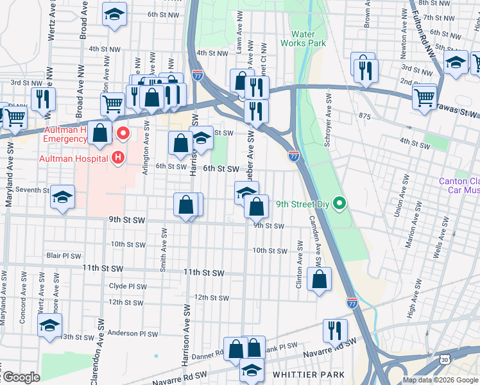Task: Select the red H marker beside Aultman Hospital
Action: (x=118, y=157)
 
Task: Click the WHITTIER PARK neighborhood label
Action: (x=308, y=374)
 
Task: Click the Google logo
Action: (x=21, y=377)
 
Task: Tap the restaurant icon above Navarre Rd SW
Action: (x=335, y=330)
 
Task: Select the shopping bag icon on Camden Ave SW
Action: (x=320, y=280)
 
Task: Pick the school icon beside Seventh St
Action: (x=63, y=197)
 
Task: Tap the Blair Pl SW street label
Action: (x=63, y=255)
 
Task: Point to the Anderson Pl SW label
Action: (x=132, y=334)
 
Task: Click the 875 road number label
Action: (x=366, y=116)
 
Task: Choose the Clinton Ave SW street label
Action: (x=299, y=264)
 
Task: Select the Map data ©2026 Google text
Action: (x=441, y=380)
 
